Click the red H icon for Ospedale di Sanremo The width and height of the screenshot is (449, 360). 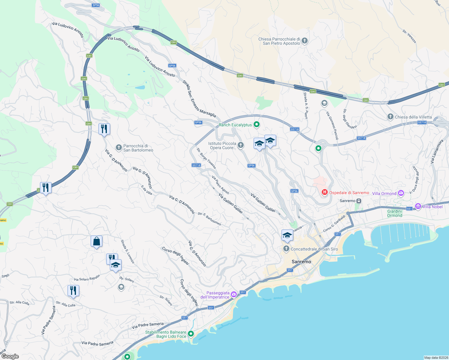click(x=324, y=192)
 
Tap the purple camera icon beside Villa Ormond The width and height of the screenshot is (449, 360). click(x=401, y=193)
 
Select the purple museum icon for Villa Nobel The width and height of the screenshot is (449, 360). click(x=418, y=206)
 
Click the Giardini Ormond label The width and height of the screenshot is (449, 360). click(x=394, y=213)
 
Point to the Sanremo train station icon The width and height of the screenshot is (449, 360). click(x=359, y=201)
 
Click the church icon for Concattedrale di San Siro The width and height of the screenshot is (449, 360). click(x=286, y=249)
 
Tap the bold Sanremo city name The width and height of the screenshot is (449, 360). click(x=301, y=262)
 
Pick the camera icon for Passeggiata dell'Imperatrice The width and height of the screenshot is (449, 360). click(x=234, y=295)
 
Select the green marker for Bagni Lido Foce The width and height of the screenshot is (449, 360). click(x=191, y=334)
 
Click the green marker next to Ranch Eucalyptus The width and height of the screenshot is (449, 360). click(x=257, y=124)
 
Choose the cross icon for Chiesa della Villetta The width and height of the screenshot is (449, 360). click(x=390, y=117)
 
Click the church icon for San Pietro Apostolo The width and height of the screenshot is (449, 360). click(x=305, y=41)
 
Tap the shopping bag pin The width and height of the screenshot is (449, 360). click(x=96, y=241)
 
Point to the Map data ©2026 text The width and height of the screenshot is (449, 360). click(x=436, y=358)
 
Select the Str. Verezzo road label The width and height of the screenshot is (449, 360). click(x=409, y=36)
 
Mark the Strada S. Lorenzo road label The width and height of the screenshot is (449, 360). click(x=128, y=251)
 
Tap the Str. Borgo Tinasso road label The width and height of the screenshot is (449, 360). click(x=206, y=158)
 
